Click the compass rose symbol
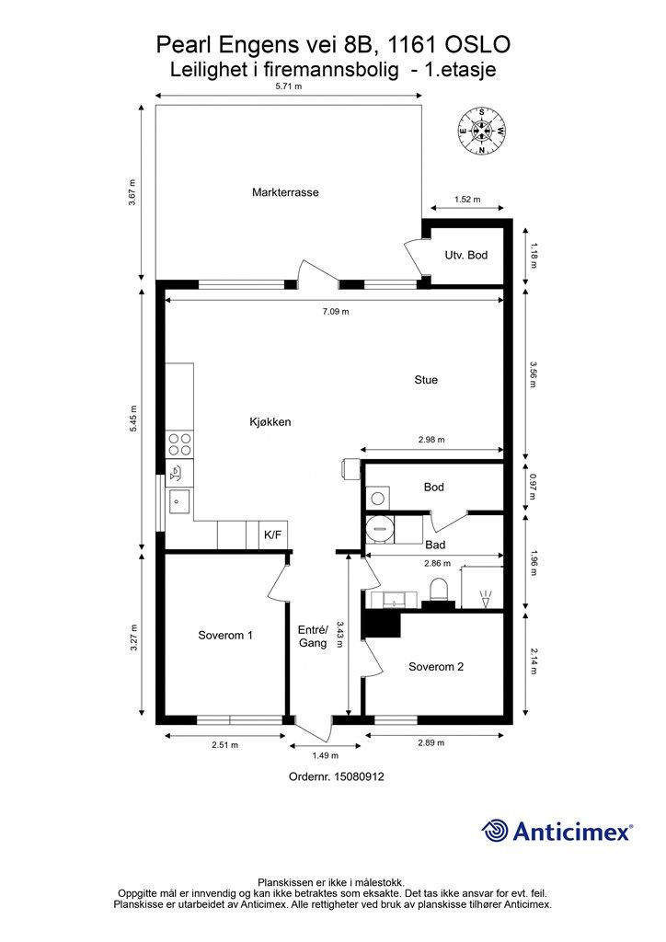point(482,131)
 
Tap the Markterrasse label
point(285,192)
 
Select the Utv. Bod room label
point(466,255)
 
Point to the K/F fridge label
point(272,534)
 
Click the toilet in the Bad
point(439,590)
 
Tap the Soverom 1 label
point(225,635)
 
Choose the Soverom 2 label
point(436,666)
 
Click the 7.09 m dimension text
point(336,311)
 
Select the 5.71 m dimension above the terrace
point(288,86)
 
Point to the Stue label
point(426,380)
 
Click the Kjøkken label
point(270,421)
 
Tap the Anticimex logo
point(557,831)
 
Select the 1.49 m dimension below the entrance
point(326,755)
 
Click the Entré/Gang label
point(313,637)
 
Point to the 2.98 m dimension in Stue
point(431,439)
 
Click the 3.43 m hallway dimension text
point(340,634)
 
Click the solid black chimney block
point(381,625)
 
